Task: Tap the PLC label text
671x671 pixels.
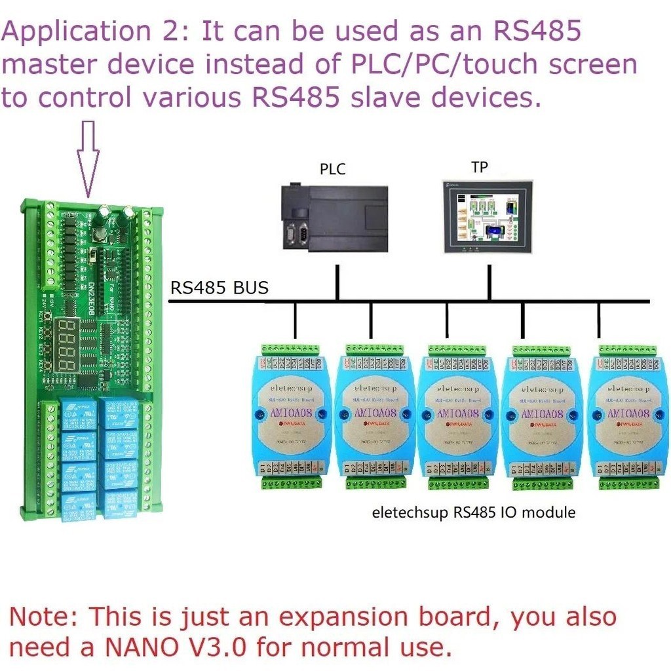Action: point(332,169)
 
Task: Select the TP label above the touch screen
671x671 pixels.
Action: point(480,167)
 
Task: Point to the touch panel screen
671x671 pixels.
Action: point(488,216)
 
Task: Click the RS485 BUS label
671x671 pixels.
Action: point(220,288)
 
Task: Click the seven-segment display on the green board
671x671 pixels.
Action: point(69,345)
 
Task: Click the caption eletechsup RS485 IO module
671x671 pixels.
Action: point(474,512)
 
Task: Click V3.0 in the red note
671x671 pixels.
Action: point(216,647)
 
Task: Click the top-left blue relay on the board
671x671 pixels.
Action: point(79,414)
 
